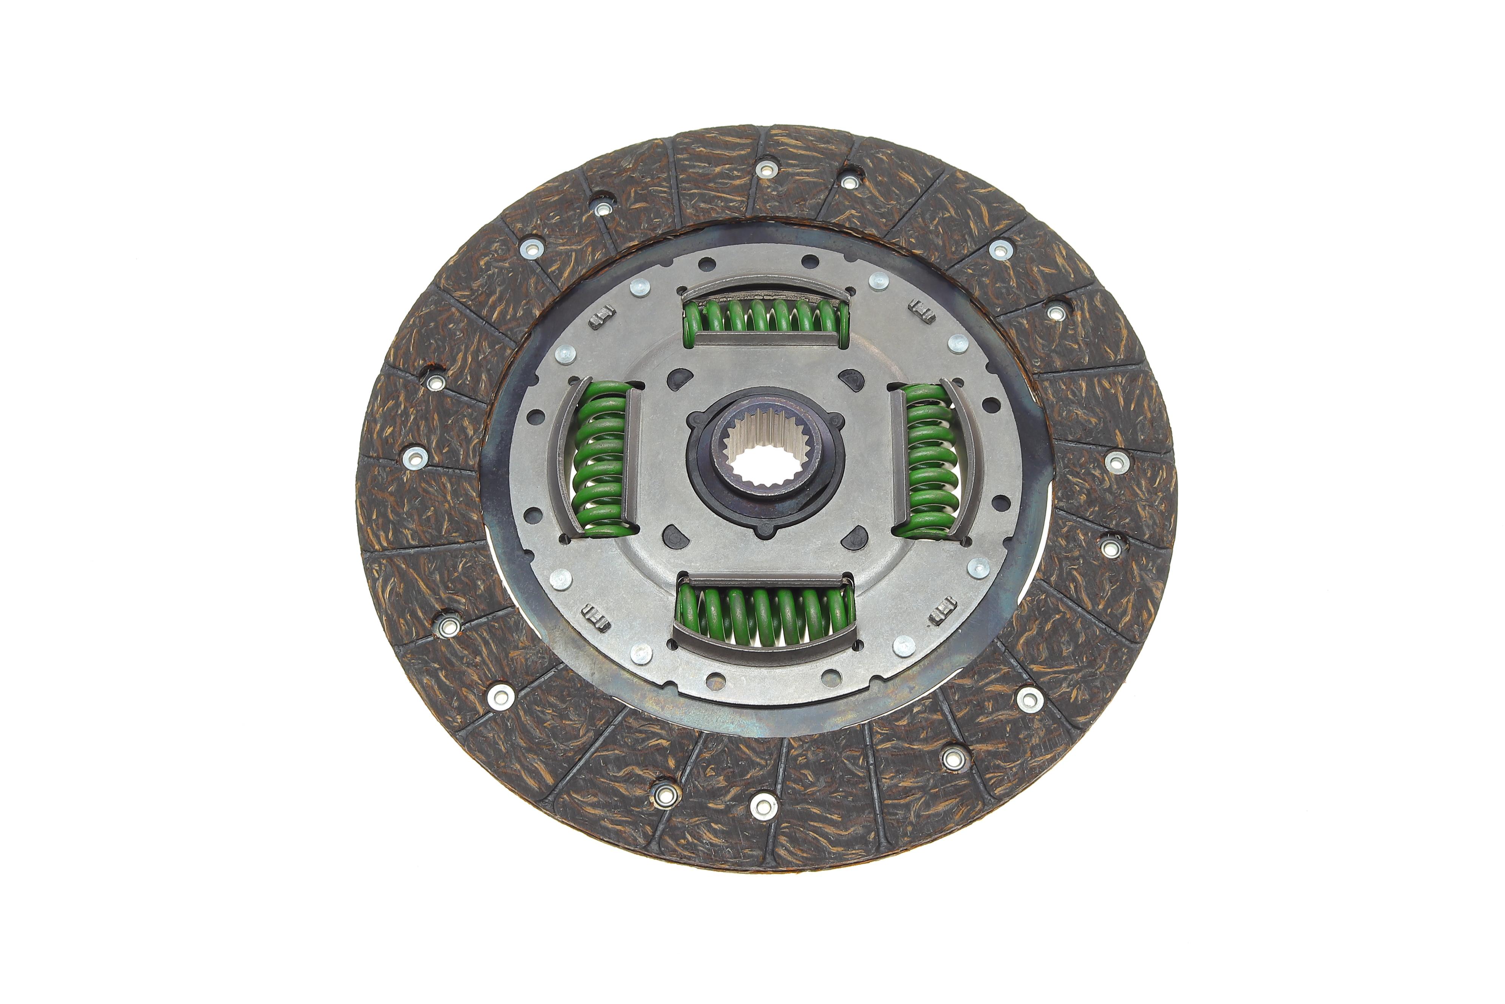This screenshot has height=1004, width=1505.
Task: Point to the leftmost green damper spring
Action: pos(601,458)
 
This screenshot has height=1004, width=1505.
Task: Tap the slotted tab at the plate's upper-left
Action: pos(601,315)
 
